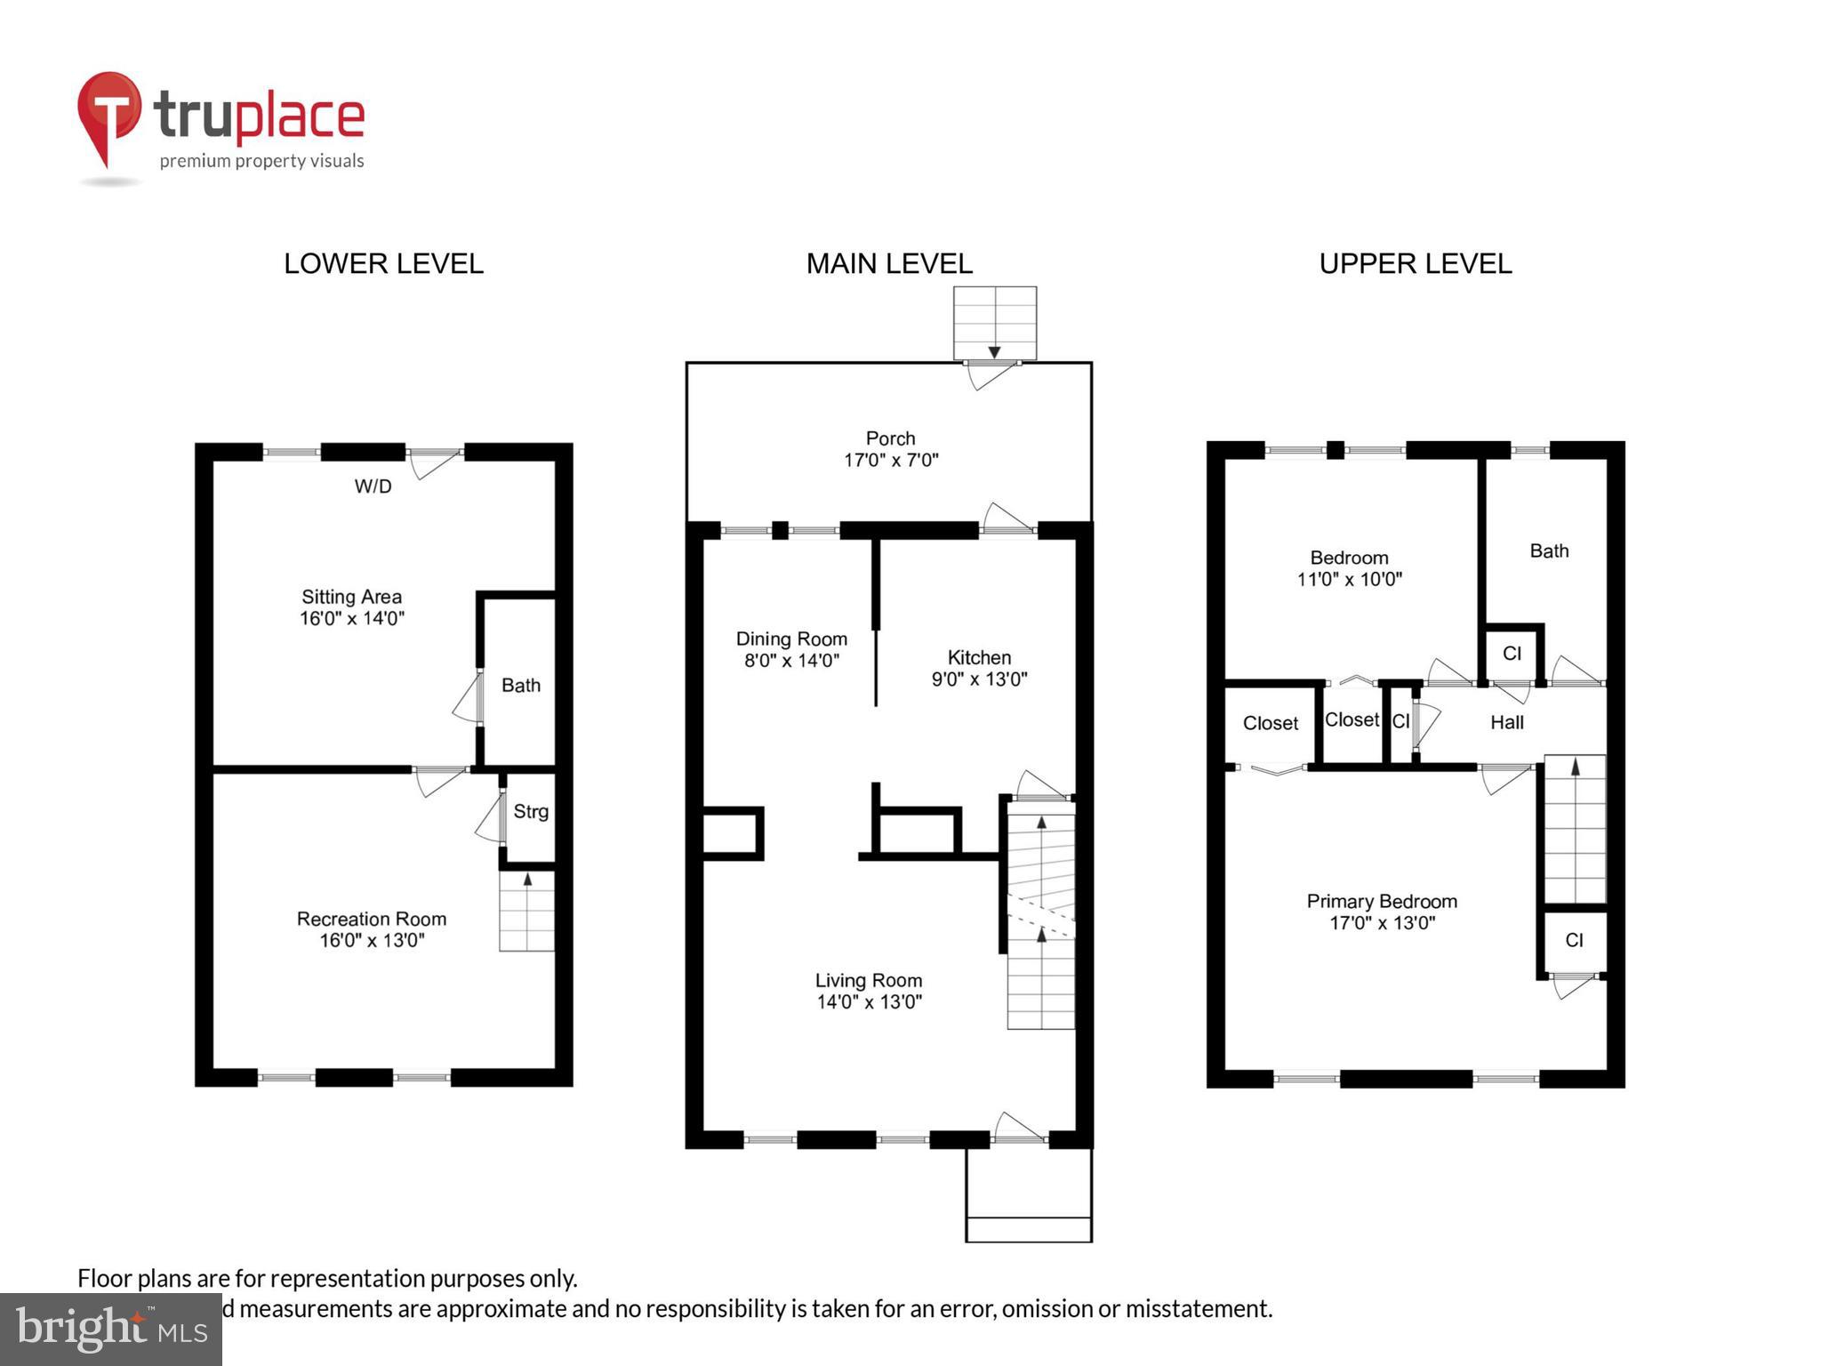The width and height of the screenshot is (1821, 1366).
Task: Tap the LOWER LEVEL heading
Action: click(x=383, y=264)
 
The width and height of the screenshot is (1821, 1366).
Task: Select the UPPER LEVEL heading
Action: click(x=1415, y=264)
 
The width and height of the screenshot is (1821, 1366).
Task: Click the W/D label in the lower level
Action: click(x=373, y=486)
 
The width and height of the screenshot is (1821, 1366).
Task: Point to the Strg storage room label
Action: click(x=531, y=811)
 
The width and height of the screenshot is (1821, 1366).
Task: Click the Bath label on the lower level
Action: click(x=520, y=685)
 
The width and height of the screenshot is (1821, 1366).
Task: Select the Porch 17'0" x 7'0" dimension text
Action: click(x=891, y=460)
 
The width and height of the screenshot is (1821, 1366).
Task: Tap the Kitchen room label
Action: click(x=979, y=657)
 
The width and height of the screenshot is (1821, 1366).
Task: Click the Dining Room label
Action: click(x=791, y=639)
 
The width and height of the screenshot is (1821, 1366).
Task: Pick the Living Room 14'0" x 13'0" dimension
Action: click(x=869, y=1002)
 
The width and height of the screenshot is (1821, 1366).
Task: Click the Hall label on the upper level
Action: click(x=1506, y=722)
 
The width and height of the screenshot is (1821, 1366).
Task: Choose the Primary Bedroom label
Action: click(x=1381, y=901)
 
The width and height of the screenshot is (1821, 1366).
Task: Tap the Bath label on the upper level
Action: click(x=1549, y=550)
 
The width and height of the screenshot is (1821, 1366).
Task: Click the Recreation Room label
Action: click(x=372, y=919)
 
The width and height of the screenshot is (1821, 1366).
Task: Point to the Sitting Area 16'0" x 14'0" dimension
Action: click(x=352, y=618)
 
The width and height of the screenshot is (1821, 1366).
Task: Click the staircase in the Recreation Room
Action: click(x=526, y=912)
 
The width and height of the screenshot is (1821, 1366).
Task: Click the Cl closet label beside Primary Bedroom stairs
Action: click(x=1574, y=940)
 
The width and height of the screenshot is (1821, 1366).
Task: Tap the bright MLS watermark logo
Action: click(x=111, y=1329)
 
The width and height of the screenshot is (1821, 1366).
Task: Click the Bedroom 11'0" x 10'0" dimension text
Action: click(x=1349, y=580)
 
